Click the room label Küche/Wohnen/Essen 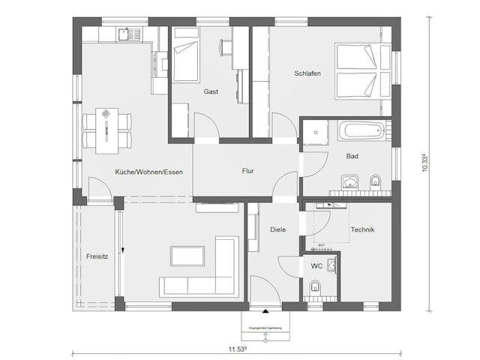(148, 172)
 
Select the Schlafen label (307, 73)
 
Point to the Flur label (247, 171)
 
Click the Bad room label (352, 157)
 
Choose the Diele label (277, 229)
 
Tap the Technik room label (361, 229)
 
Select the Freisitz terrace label (97, 255)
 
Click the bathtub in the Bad (362, 131)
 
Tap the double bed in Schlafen (362, 71)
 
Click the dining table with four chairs (106, 129)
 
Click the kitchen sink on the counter (125, 34)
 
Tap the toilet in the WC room (316, 286)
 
